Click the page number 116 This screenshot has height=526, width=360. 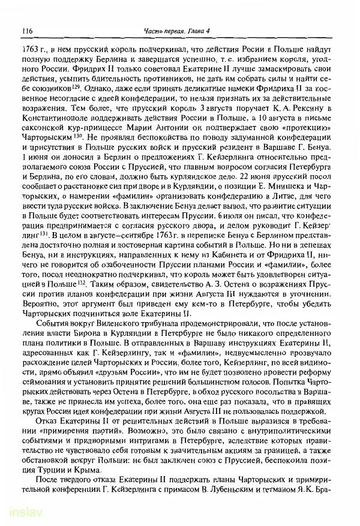pos(26,31)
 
